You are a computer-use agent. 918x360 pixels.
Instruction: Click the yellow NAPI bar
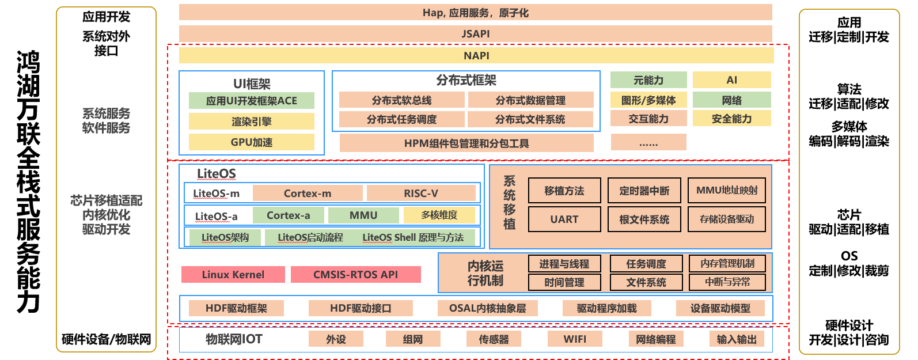476,55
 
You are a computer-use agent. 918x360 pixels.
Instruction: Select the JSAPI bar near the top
476,33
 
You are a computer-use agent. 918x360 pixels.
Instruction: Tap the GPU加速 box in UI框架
252,142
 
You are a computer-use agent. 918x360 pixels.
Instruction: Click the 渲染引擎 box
252,122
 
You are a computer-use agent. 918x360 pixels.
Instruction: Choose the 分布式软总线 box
401,100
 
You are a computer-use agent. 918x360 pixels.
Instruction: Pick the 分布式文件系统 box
530,119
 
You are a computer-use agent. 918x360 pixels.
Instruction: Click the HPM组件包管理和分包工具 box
466,143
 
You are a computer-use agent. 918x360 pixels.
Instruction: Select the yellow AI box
731,80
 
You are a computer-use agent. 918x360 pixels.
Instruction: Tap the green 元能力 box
648,80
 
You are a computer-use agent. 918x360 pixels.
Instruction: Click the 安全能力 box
731,119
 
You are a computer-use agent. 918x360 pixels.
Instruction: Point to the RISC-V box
421,194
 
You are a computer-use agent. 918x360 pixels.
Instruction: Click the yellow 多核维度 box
439,215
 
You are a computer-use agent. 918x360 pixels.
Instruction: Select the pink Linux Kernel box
233,275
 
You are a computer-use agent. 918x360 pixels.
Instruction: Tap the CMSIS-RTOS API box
355,275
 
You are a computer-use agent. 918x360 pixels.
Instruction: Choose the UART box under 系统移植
564,219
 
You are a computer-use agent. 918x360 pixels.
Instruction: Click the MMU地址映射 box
727,191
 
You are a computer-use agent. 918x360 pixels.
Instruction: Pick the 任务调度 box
646,264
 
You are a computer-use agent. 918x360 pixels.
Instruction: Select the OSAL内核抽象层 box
487,308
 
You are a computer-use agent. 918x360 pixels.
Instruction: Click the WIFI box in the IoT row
575,339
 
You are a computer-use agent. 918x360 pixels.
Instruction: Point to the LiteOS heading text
217,173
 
